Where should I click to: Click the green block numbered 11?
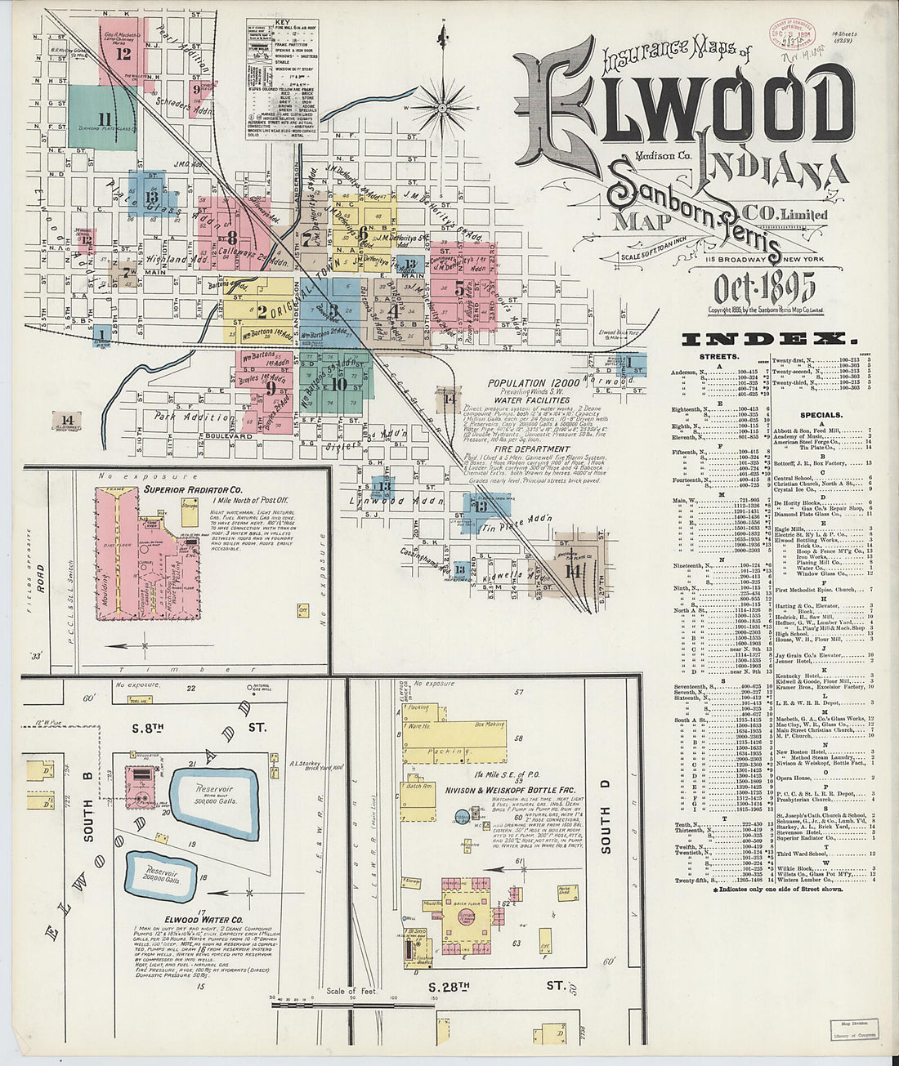click(x=102, y=119)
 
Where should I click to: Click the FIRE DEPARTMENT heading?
click(x=531, y=448)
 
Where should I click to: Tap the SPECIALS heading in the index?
click(x=821, y=415)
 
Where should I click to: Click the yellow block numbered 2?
click(x=260, y=311)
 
